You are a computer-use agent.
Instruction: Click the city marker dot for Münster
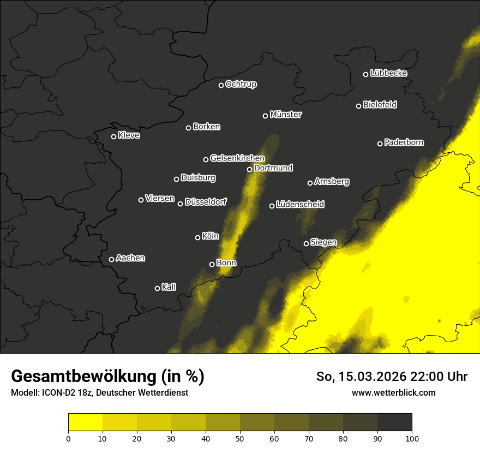click(266, 116)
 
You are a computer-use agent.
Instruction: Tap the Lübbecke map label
click(388, 73)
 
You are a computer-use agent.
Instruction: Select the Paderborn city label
click(404, 142)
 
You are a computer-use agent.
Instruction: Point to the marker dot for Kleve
click(114, 136)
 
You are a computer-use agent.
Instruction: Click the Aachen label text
click(130, 258)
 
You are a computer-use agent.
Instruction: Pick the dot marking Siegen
click(306, 243)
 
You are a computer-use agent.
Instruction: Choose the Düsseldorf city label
click(205, 202)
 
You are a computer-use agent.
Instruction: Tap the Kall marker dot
click(158, 288)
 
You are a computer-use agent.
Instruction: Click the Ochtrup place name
click(241, 84)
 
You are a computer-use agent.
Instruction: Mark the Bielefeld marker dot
click(359, 106)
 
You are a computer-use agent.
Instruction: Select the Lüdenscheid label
click(300, 205)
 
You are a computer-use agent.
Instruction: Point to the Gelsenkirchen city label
click(237, 158)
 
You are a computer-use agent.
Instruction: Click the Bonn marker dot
click(212, 264)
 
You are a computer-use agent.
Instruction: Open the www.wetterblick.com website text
click(393, 392)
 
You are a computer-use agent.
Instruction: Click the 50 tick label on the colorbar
click(240, 438)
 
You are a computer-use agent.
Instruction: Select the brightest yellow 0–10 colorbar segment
click(86, 422)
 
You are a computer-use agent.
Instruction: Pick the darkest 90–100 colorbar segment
click(394, 422)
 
